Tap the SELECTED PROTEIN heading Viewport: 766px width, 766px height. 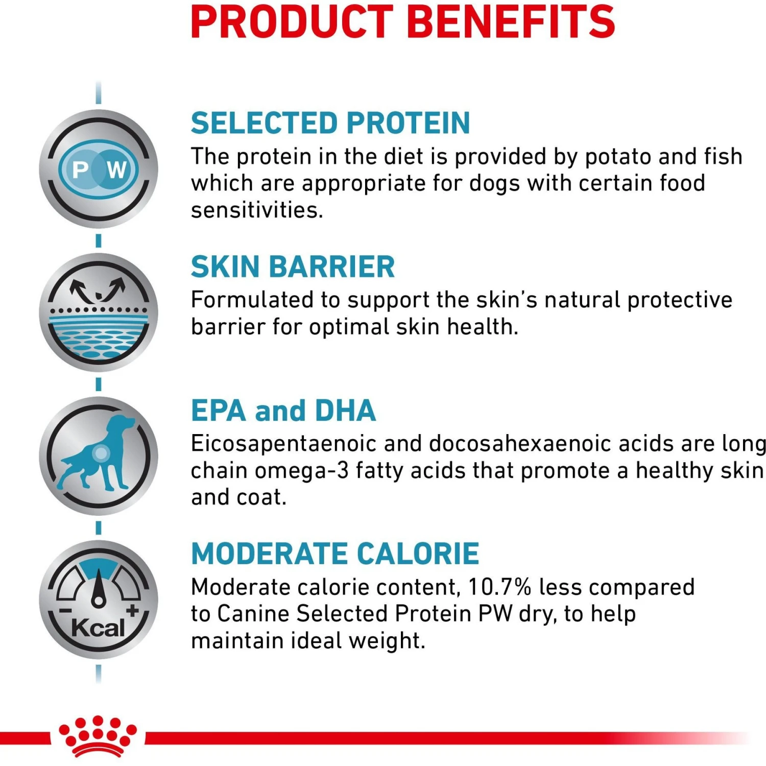click(330, 123)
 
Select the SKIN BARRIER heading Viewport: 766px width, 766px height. click(293, 267)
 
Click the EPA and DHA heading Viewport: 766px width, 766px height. click(283, 411)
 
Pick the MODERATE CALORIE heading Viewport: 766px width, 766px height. click(335, 554)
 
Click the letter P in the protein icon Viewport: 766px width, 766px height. click(80, 170)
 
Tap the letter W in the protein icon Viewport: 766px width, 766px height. click(117, 170)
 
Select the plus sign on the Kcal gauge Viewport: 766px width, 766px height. click(133, 610)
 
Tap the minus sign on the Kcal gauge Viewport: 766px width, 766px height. click(65, 611)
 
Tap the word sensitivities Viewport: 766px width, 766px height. click(257, 210)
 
